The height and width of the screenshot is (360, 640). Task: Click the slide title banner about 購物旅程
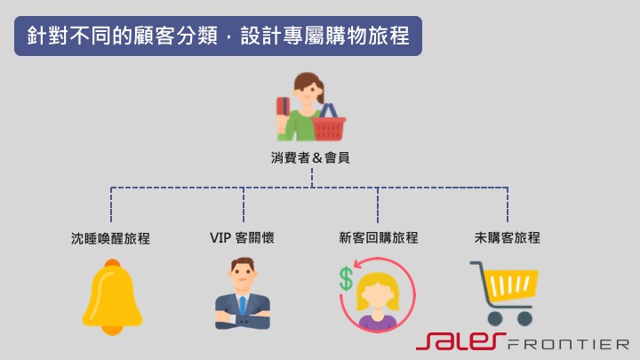point(218,36)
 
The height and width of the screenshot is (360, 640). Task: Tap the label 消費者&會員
point(310,158)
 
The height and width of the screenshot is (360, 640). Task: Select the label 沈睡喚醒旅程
point(111,238)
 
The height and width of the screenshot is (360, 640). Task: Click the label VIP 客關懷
point(242,238)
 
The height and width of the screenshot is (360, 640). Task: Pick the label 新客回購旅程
point(378,238)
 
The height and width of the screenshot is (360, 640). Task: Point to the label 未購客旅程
point(508,238)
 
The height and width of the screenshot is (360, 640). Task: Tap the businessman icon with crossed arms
point(242,295)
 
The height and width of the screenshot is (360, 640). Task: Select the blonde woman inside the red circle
point(378,299)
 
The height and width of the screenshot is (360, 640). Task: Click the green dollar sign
point(345,278)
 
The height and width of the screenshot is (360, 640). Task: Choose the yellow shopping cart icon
point(505,292)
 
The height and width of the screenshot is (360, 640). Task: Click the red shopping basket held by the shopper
point(329,126)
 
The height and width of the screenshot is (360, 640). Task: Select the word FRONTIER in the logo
point(570,343)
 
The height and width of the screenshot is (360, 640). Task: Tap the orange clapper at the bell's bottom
point(112,330)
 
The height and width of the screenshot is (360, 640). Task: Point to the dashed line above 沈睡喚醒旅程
point(111,204)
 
